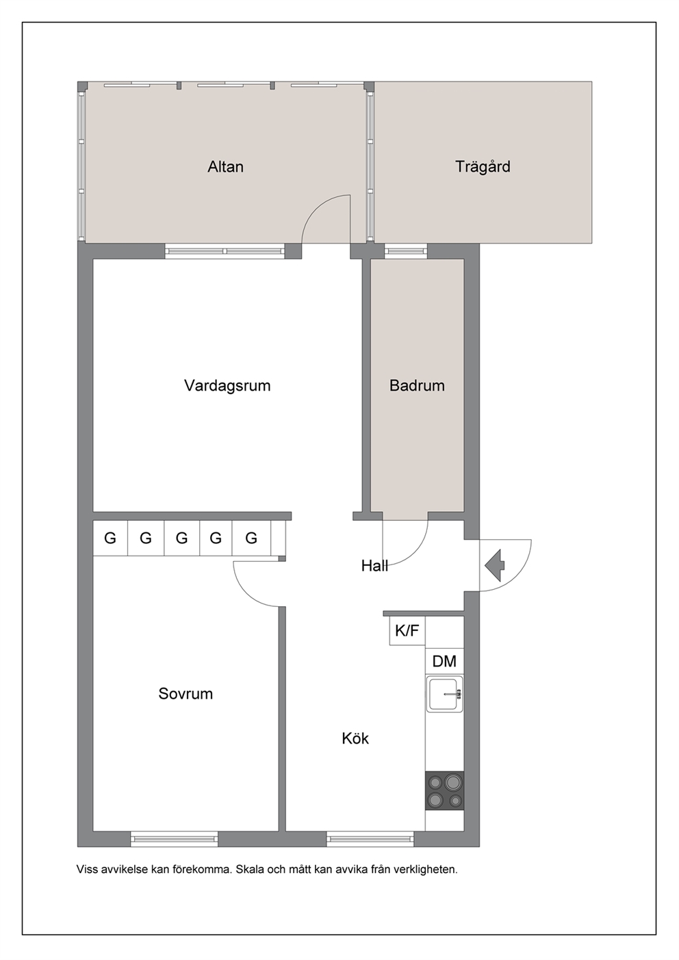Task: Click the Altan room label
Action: [x=225, y=166]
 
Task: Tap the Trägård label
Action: [x=483, y=166]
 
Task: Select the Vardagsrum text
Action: [x=227, y=385]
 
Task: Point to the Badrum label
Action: [x=417, y=385]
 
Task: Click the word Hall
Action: [x=374, y=566]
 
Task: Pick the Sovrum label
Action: [x=185, y=693]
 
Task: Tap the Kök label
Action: [x=355, y=738]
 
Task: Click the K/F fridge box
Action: [x=407, y=630]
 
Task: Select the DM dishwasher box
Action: [x=444, y=661]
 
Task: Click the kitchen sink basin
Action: [x=444, y=694]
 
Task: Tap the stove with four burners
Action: [x=444, y=791]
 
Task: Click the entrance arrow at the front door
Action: [x=495, y=565]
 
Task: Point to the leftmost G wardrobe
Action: [x=110, y=538]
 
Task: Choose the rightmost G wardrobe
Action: [x=251, y=538]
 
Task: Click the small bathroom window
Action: [x=406, y=251]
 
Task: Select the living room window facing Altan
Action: [x=225, y=251]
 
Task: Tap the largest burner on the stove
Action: [x=452, y=782]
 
